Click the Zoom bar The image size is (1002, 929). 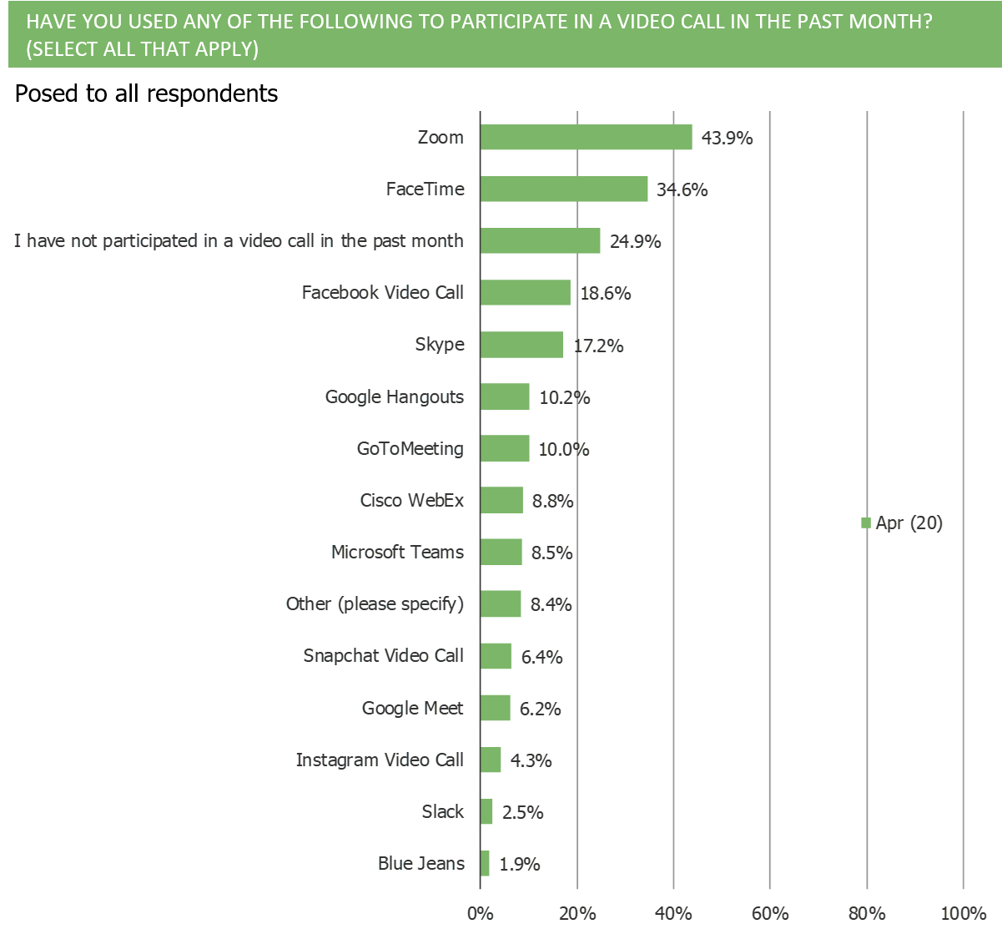coord(587,138)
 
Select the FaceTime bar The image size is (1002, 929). coord(564,189)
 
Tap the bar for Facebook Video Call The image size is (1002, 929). coord(526,293)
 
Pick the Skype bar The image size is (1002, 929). coord(521,345)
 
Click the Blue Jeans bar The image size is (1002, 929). coord(486,863)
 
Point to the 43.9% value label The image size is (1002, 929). coord(727,138)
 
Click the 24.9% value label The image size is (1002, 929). coord(635,242)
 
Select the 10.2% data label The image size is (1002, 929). coord(564,397)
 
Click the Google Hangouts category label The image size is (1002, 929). coord(394,396)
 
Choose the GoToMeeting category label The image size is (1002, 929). coord(410,448)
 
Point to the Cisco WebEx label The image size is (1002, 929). coord(411,501)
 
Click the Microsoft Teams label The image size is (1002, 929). coord(397,553)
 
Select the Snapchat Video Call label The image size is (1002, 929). coord(383,656)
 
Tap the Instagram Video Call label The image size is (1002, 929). coord(380,760)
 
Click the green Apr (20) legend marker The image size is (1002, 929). coord(866,523)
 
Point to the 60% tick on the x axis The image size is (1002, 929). coord(770,913)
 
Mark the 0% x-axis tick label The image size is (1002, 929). coord(481,913)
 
